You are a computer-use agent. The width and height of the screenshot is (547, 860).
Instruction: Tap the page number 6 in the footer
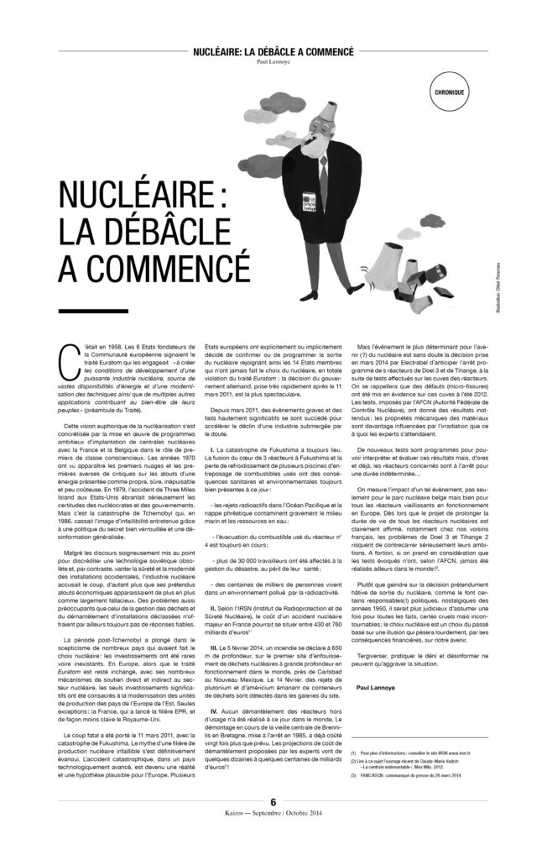273,825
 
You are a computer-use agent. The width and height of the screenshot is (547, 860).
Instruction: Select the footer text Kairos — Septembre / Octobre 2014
273,836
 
